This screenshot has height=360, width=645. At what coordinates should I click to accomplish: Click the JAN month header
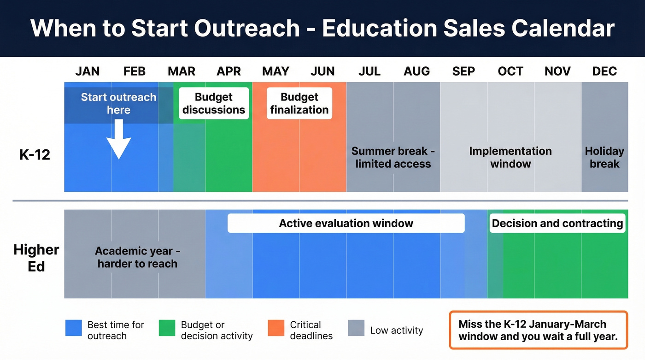pos(88,71)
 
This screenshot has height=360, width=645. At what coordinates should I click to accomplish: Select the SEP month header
pos(463,71)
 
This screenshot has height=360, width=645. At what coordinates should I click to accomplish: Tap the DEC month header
pos(604,71)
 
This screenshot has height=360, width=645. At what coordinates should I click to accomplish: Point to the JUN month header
pos(322,71)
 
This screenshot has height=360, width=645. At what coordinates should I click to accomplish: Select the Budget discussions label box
pos(214,103)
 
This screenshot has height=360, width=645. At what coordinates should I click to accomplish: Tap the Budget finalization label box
pos(299,103)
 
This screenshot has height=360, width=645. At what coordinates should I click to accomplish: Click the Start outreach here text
pos(119,103)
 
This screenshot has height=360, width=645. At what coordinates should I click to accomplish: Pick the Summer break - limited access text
pos(393,157)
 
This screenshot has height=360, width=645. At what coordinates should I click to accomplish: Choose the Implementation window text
pos(510,157)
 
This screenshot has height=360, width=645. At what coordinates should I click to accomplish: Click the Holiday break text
pos(604,157)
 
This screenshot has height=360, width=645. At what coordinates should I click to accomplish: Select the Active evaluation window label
pos(346,224)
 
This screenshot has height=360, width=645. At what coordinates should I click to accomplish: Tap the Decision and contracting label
pos(557,224)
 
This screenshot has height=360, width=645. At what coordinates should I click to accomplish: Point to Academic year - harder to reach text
pos(137,257)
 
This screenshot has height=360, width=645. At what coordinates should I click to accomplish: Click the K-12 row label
pos(35,155)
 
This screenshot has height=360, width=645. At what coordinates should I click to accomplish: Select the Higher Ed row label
pos(36,258)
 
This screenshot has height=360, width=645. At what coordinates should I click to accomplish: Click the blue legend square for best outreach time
pos(74,328)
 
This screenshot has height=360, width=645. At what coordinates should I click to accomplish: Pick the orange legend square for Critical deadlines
pos(276,328)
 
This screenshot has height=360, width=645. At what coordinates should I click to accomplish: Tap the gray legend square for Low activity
pos(356,328)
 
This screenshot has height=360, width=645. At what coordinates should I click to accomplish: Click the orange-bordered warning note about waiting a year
pos(539,330)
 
